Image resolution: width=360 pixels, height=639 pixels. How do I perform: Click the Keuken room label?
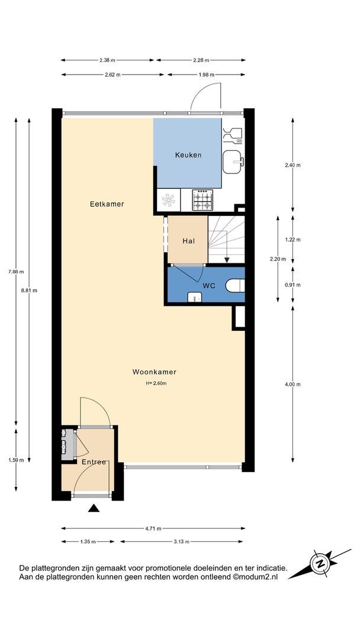click(188, 155)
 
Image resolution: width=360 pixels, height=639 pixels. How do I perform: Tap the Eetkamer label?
click(107, 204)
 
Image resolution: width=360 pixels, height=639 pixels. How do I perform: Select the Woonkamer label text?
click(154, 372)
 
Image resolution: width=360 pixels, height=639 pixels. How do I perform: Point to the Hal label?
click(188, 241)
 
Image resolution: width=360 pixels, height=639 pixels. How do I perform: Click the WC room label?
click(208, 285)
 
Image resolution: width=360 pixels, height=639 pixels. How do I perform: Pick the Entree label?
click(94, 461)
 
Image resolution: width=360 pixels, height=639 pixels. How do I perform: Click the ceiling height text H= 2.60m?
click(155, 383)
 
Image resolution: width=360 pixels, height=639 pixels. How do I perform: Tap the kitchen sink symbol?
click(233, 162)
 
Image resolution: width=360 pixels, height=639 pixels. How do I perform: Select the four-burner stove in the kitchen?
click(202, 200)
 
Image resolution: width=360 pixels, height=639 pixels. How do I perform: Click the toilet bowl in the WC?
click(235, 285)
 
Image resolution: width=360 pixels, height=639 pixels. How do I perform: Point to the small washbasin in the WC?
click(194, 298)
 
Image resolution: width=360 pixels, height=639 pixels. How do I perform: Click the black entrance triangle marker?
click(94, 508)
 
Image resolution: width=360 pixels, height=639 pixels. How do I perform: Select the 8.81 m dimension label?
click(29, 291)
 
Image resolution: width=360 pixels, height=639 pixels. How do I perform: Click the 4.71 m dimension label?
click(153, 528)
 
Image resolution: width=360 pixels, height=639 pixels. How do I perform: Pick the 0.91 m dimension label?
click(292, 285)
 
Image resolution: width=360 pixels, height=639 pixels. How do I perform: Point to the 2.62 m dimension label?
click(112, 75)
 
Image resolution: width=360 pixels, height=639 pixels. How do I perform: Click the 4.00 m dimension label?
click(292, 385)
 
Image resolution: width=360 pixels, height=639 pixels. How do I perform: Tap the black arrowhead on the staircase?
click(227, 260)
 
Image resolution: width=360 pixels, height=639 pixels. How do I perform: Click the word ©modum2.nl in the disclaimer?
click(255, 577)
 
